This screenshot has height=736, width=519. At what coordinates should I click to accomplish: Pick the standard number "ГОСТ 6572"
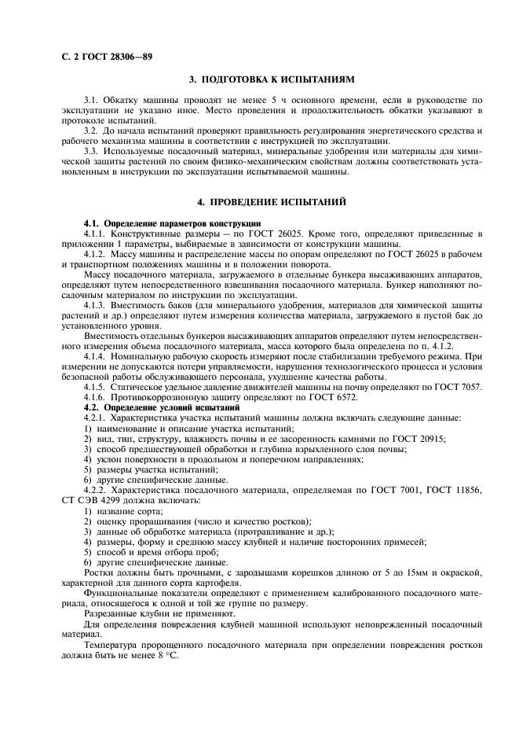pos(320,398)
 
